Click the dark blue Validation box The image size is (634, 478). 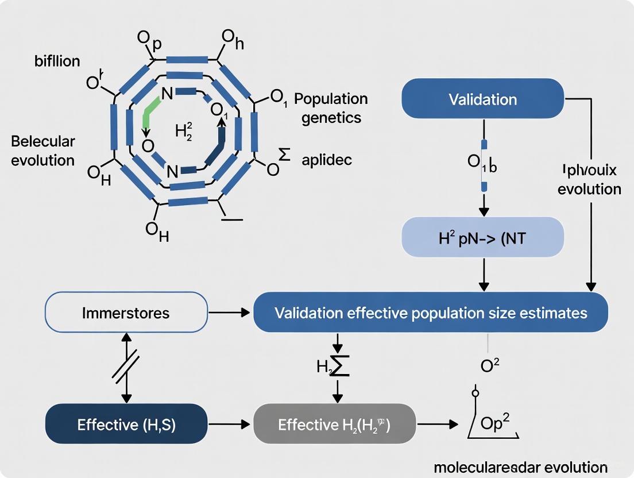coord(483,99)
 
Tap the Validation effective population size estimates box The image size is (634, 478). coord(430,313)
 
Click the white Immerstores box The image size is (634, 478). coord(126,313)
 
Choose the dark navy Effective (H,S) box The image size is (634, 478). coord(126,425)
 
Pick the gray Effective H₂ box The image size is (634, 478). coord(334,425)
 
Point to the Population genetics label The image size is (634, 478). coord(331,108)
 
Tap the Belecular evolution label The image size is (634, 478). coord(43,151)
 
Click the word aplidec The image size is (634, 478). coord(326,160)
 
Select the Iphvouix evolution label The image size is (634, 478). coord(589,180)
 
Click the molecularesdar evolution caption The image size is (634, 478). coord(520,467)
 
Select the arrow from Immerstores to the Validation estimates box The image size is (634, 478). coord(230,313)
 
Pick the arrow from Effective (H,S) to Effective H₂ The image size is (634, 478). coord(230,425)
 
